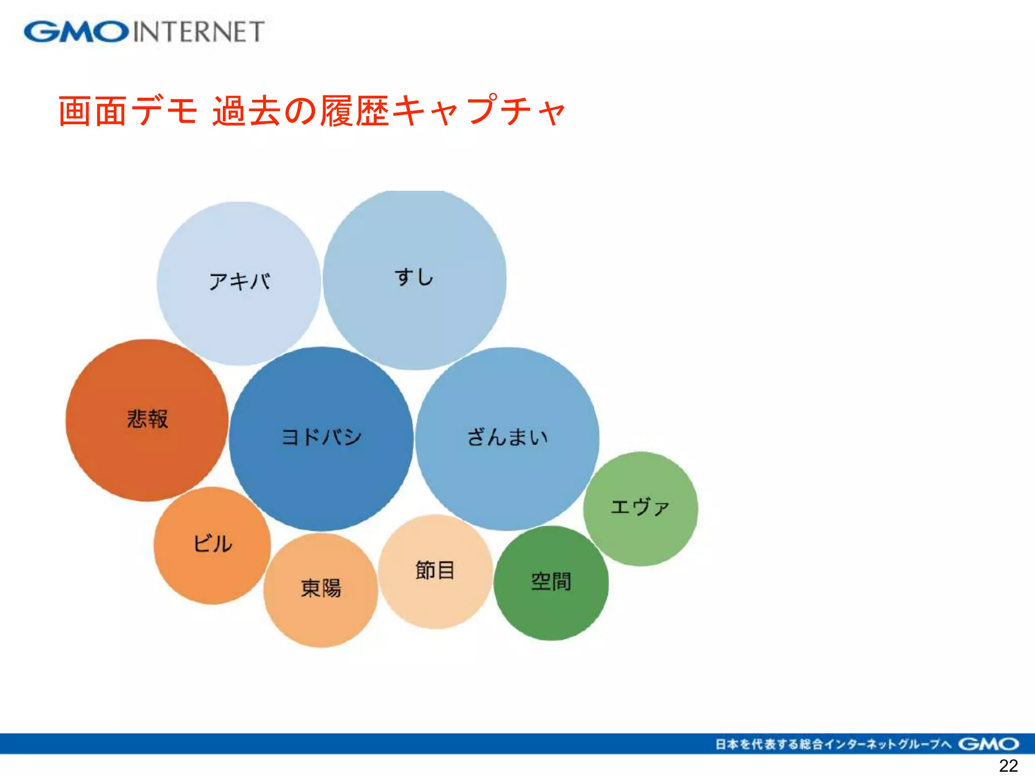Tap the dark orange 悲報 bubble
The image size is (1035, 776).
point(147,445)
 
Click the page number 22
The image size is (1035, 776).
point(1008,766)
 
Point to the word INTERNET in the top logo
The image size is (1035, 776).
point(199,32)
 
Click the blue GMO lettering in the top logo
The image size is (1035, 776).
point(76,32)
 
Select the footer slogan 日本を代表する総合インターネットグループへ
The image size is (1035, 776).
point(833,744)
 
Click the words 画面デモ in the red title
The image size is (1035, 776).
point(127,111)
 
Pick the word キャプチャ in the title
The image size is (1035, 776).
point(478,111)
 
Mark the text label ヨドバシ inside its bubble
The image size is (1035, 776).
point(321,437)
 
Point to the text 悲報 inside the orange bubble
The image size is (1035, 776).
point(147,419)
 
